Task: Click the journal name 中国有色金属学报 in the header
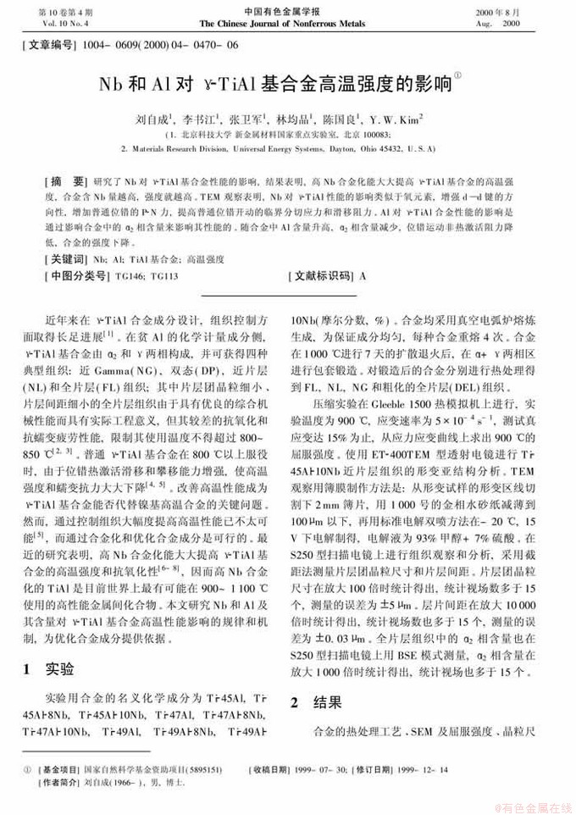287,12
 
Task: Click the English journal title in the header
287,24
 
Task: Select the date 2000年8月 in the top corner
519,12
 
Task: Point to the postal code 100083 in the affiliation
374,134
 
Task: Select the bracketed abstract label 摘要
66,182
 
